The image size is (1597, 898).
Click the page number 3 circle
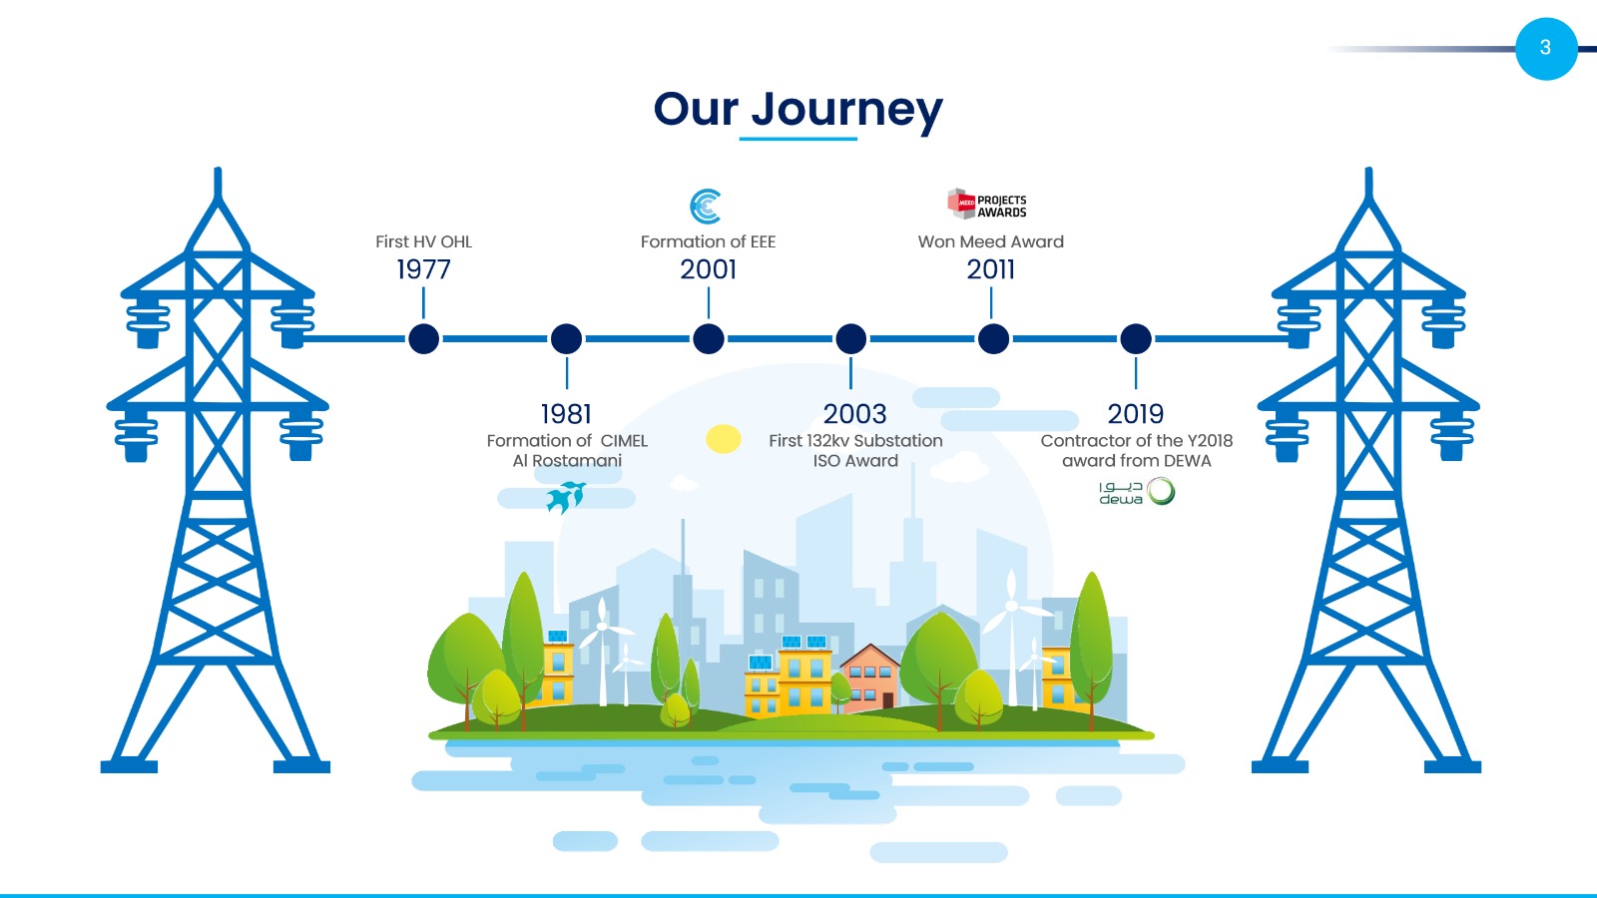(1546, 49)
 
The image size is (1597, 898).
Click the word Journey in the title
(847, 111)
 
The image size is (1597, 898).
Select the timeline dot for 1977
(423, 338)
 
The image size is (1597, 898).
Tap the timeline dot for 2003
(850, 338)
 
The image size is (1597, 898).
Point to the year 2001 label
(708, 269)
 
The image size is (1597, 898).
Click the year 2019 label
(1136, 413)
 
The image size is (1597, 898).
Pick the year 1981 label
(566, 413)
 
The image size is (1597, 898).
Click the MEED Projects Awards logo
(987, 204)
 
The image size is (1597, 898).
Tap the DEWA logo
(1137, 492)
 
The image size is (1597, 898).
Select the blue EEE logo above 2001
(705, 207)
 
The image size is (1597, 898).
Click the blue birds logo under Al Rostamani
(566, 497)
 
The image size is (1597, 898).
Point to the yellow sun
(723, 439)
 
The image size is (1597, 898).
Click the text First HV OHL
(423, 241)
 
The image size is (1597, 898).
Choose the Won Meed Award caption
(990, 241)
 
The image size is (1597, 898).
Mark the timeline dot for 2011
(993, 338)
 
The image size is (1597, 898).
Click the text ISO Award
(855, 461)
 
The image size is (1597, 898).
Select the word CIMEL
(624, 441)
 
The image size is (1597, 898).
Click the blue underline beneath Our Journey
(798, 139)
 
